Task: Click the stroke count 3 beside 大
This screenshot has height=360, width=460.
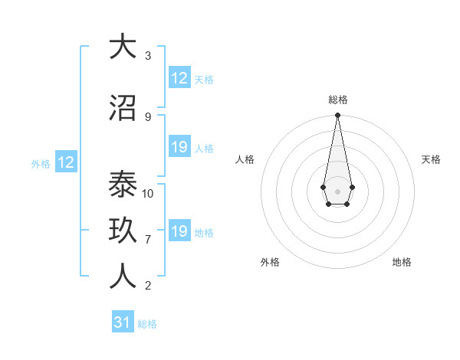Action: coord(148,55)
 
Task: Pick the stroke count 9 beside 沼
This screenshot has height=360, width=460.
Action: coord(148,116)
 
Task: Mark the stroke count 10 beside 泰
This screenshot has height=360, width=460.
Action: coord(148,193)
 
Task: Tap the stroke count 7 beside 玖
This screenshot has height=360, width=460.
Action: coord(148,240)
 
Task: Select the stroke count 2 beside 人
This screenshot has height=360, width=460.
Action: coord(148,286)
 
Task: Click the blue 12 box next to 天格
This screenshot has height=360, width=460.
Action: coord(179,78)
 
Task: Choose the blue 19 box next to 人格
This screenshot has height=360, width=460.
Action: coord(179,147)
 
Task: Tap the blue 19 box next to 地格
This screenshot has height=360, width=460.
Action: coord(179,231)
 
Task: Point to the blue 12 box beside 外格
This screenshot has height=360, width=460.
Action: coord(65,162)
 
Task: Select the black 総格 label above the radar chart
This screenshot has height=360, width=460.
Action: coord(337,100)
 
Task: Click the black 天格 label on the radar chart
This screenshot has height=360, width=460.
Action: coord(432,159)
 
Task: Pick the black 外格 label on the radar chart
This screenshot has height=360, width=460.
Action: coord(270,262)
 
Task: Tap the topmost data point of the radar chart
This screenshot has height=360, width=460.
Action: coord(337,116)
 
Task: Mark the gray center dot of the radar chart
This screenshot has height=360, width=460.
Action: coord(337,190)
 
